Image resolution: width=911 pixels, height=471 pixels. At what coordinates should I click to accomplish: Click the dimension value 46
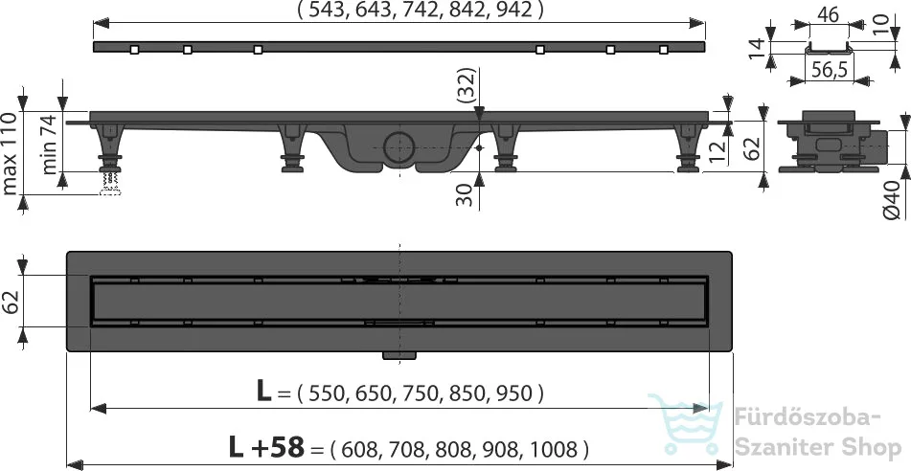pyautogui.click(x=828, y=15)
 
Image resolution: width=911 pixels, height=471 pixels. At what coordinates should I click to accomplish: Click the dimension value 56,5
pyautogui.click(x=828, y=70)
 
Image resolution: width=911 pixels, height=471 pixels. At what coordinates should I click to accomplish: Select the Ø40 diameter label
pyautogui.click(x=894, y=200)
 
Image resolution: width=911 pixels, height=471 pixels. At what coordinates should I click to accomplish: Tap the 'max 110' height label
pyautogui.click(x=11, y=153)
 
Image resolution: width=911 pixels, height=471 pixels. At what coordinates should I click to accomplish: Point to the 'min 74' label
pyautogui.click(x=50, y=145)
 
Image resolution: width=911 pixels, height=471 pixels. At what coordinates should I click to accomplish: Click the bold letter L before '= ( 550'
pyautogui.click(x=263, y=392)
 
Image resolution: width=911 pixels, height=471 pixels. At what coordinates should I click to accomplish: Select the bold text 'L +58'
pyautogui.click(x=266, y=448)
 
